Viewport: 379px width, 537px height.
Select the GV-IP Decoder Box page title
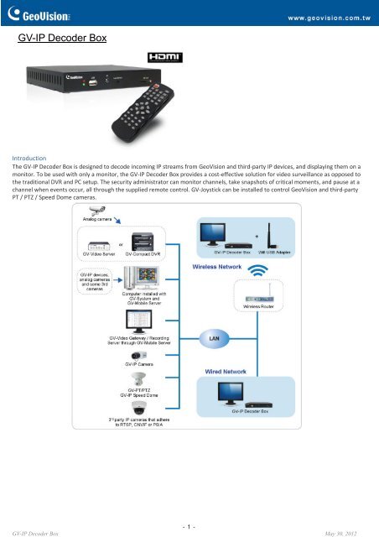(63, 38)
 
